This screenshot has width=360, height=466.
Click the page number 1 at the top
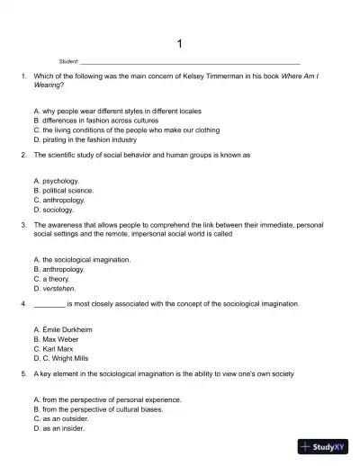point(180,43)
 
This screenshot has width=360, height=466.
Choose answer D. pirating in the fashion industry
point(85,140)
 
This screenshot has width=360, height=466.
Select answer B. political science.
point(63,191)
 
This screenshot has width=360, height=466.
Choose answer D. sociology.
point(54,211)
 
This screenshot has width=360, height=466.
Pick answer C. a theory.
point(53,279)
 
